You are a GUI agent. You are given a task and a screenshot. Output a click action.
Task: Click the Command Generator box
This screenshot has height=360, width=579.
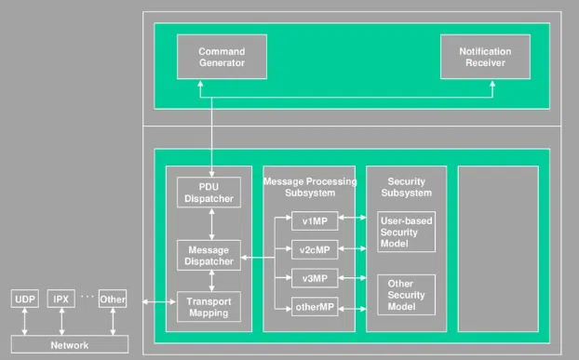tap(222, 57)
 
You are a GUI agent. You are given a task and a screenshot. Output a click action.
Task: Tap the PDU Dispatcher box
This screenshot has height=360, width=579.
tap(209, 192)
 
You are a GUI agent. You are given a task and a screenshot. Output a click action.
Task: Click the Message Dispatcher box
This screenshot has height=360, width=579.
tap(209, 255)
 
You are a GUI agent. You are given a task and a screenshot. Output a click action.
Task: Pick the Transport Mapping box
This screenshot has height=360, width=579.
tap(209, 307)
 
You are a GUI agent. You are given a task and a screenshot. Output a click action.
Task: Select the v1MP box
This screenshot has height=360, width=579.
tap(308, 222)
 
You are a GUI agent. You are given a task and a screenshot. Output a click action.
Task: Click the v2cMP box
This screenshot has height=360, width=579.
tap(308, 250)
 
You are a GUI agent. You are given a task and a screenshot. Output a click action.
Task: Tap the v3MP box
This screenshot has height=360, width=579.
tap(308, 278)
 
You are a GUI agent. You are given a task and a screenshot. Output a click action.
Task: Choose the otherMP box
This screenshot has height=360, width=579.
tap(308, 307)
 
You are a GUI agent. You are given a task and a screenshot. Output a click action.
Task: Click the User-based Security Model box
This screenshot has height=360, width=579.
tap(406, 233)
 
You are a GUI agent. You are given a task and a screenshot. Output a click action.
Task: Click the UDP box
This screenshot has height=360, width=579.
tap(23, 300)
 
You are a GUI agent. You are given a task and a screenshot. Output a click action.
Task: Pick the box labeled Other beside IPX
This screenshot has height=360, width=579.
tap(112, 300)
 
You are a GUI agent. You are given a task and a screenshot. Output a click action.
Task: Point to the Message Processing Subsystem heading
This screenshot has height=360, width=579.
tap(308, 186)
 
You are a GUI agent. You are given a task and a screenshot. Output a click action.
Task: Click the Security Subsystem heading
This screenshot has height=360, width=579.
tap(406, 186)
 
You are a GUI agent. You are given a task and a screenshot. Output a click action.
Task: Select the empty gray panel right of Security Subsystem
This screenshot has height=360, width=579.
tap(498, 248)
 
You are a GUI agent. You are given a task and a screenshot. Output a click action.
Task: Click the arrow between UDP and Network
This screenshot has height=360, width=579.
tap(23, 322)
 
